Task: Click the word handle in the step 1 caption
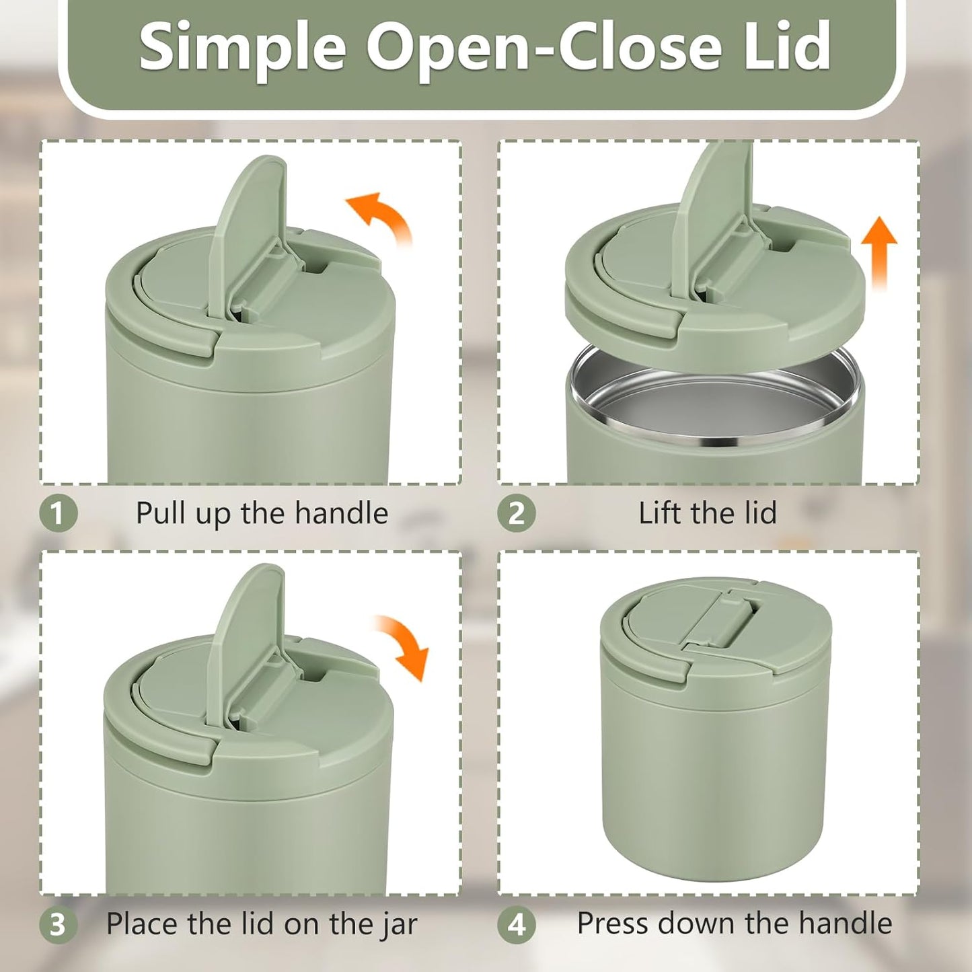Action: [342, 513]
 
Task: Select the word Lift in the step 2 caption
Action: [661, 513]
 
